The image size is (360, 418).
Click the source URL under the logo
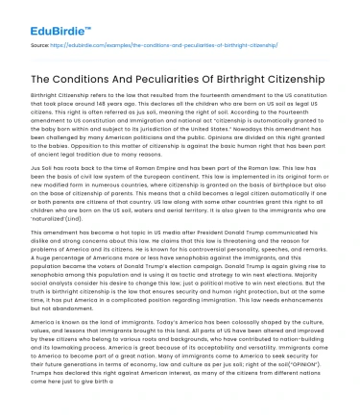tap(150, 44)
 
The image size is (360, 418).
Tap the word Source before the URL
tap(39, 44)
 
